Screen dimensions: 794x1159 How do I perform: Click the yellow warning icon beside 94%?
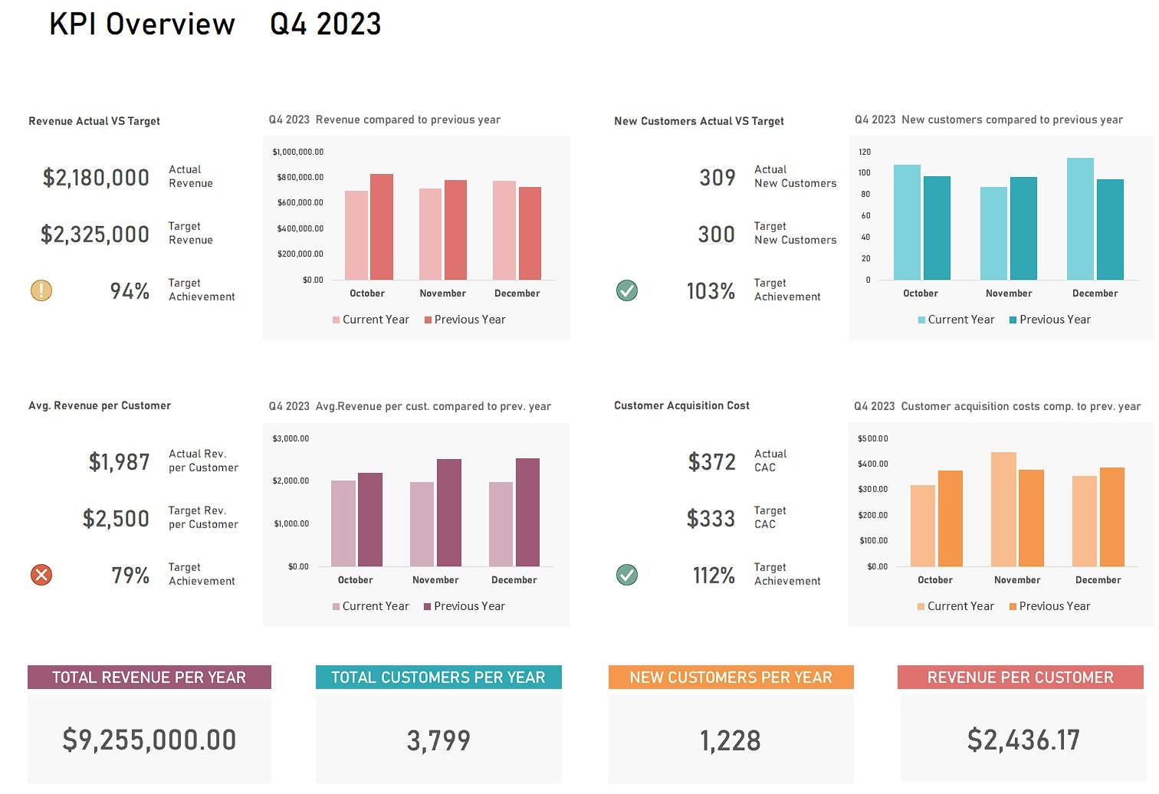click(41, 290)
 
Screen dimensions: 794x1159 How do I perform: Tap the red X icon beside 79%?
click(41, 575)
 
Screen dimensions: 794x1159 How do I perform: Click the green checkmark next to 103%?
click(627, 290)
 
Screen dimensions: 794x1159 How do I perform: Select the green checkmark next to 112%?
click(627, 575)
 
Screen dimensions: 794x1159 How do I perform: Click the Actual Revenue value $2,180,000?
click(96, 178)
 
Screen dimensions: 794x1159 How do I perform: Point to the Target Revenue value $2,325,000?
click(95, 235)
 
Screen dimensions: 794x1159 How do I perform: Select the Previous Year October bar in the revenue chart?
click(381, 227)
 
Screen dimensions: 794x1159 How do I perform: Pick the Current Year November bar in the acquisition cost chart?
click(1003, 510)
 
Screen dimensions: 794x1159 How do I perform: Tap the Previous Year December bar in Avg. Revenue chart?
click(527, 513)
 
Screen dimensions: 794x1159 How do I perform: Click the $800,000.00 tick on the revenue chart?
click(300, 177)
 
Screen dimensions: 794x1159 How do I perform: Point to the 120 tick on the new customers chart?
click(865, 152)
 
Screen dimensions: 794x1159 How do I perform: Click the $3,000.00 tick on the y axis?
click(291, 438)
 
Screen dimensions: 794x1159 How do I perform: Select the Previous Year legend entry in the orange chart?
click(1049, 606)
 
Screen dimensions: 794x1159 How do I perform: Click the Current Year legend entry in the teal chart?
click(956, 320)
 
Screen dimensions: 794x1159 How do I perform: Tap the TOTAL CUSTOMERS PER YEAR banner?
click(438, 678)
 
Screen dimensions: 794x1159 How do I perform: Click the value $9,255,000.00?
click(149, 740)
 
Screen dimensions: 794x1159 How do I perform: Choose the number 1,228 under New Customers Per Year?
click(731, 741)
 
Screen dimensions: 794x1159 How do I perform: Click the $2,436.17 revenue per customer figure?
click(1023, 740)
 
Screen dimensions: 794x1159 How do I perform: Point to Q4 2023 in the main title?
click(326, 25)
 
